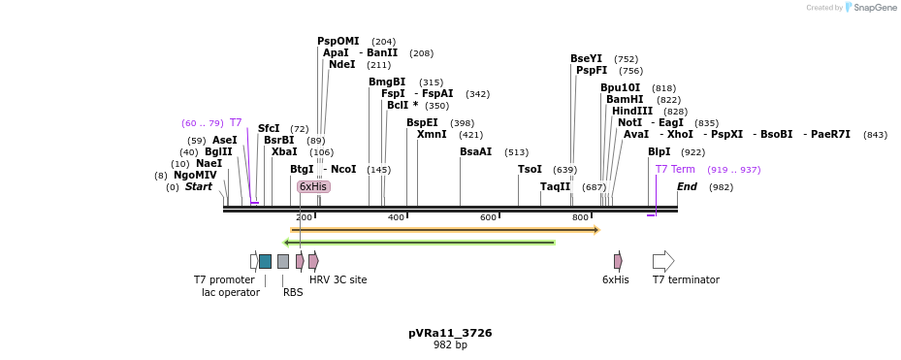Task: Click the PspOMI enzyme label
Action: click(338, 41)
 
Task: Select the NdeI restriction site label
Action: click(342, 64)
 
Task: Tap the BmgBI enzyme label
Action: click(387, 82)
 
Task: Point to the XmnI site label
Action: click(432, 134)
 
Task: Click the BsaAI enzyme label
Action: click(475, 151)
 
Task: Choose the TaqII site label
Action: click(555, 186)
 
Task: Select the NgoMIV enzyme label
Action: click(195, 175)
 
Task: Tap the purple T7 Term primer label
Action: click(675, 169)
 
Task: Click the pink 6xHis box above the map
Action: click(313, 186)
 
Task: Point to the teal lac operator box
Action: click(265, 261)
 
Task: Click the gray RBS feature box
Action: click(283, 261)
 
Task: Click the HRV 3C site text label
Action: click(338, 279)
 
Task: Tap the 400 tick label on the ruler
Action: click(396, 217)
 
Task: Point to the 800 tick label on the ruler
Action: click(580, 217)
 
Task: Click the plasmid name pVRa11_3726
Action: click(450, 333)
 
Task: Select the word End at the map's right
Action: click(687, 186)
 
